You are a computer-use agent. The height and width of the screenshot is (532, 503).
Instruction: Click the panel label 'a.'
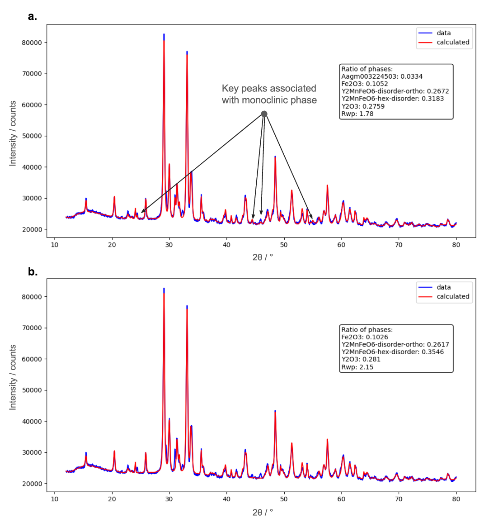pyautogui.click(x=32, y=17)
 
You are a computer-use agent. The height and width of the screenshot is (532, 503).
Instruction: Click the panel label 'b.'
pyautogui.click(x=33, y=271)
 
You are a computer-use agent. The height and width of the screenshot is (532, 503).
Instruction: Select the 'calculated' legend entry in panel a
pyautogui.click(x=452, y=43)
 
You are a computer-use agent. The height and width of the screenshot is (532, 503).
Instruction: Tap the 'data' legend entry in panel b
pyautogui.click(x=443, y=287)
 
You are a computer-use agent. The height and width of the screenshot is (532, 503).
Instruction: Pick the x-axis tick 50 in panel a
pyautogui.click(x=284, y=245)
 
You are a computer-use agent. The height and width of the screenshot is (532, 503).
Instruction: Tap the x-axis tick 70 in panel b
pyautogui.click(x=399, y=499)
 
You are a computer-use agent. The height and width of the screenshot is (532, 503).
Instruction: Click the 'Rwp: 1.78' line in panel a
pyautogui.click(x=357, y=114)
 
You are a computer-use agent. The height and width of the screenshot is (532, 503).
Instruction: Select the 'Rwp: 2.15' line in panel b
pyautogui.click(x=357, y=367)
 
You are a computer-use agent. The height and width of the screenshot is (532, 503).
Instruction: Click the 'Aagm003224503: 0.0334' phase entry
pyautogui.click(x=382, y=76)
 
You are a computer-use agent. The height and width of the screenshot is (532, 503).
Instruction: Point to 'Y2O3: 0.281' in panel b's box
pyautogui.click(x=361, y=359)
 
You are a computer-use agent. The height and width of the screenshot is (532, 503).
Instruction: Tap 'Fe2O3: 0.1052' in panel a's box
pyautogui.click(x=364, y=84)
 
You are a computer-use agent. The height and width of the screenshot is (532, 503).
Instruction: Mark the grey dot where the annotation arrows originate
pyautogui.click(x=264, y=114)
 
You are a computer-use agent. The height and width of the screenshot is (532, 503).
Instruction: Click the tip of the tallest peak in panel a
pyautogui.click(x=164, y=34)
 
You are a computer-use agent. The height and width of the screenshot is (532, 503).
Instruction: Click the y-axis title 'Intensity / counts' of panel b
pyautogui.click(x=13, y=377)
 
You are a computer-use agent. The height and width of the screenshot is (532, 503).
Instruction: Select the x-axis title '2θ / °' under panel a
pyautogui.click(x=263, y=257)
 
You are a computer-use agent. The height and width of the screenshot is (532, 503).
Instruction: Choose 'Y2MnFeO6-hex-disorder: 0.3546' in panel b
pyautogui.click(x=392, y=352)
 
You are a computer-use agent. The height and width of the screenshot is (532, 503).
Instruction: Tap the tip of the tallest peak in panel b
pyautogui.click(x=164, y=288)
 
